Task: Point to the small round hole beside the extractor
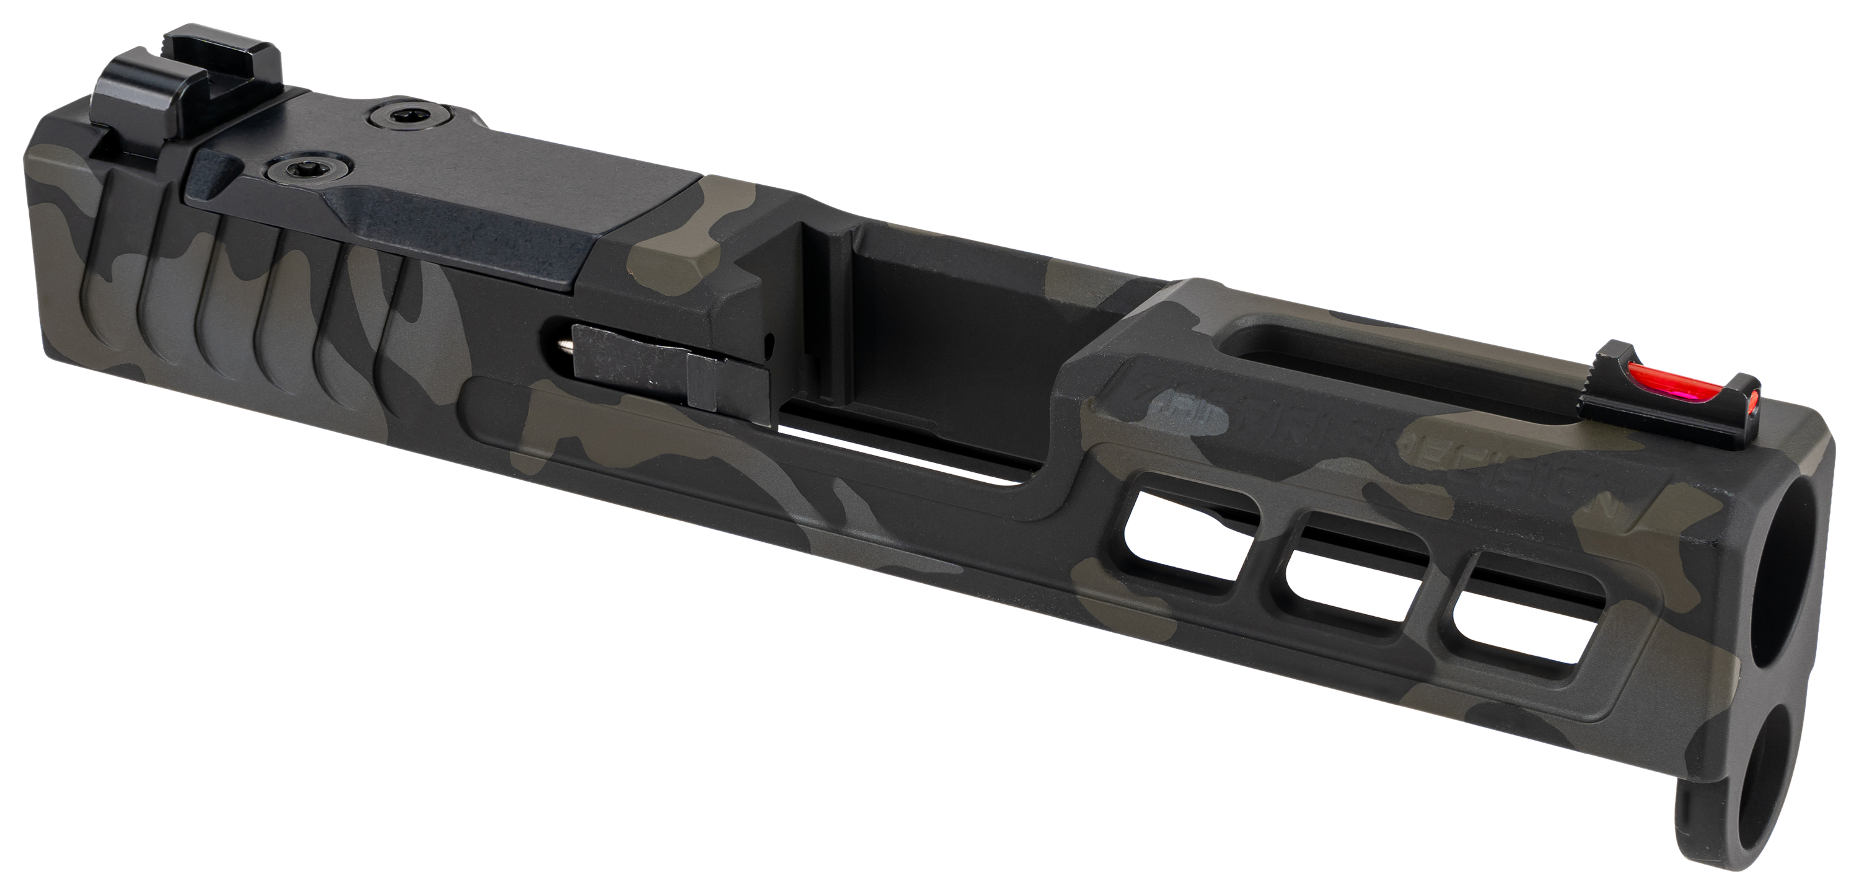point(771,338)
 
